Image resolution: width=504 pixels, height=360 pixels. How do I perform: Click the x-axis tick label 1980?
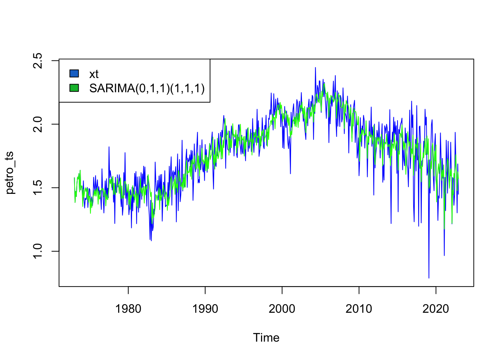click(x=128, y=309)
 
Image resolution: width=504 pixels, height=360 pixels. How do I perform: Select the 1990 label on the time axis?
click(x=205, y=309)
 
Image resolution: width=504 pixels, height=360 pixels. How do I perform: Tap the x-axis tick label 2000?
click(x=282, y=309)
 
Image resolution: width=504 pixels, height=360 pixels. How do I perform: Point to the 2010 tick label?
click(x=359, y=309)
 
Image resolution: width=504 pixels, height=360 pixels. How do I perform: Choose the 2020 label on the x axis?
click(x=436, y=309)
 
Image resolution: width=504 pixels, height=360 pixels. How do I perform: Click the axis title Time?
click(x=266, y=337)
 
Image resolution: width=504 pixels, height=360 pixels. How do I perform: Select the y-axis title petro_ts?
click(x=10, y=172)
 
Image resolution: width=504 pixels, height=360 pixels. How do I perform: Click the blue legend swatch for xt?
click(x=74, y=73)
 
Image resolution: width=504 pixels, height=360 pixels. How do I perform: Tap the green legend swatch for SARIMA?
click(x=74, y=88)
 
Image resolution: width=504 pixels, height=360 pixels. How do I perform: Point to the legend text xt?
click(x=94, y=74)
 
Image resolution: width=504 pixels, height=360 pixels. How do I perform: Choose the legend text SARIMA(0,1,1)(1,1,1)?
click(x=147, y=88)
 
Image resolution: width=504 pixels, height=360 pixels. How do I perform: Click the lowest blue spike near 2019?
click(x=429, y=277)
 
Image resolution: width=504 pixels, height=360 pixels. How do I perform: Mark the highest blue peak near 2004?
click(x=315, y=68)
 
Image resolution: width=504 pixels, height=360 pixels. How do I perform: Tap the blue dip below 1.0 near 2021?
click(x=444, y=255)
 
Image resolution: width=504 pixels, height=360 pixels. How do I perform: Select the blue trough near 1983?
click(x=151, y=240)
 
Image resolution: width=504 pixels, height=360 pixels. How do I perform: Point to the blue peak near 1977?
click(x=109, y=147)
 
